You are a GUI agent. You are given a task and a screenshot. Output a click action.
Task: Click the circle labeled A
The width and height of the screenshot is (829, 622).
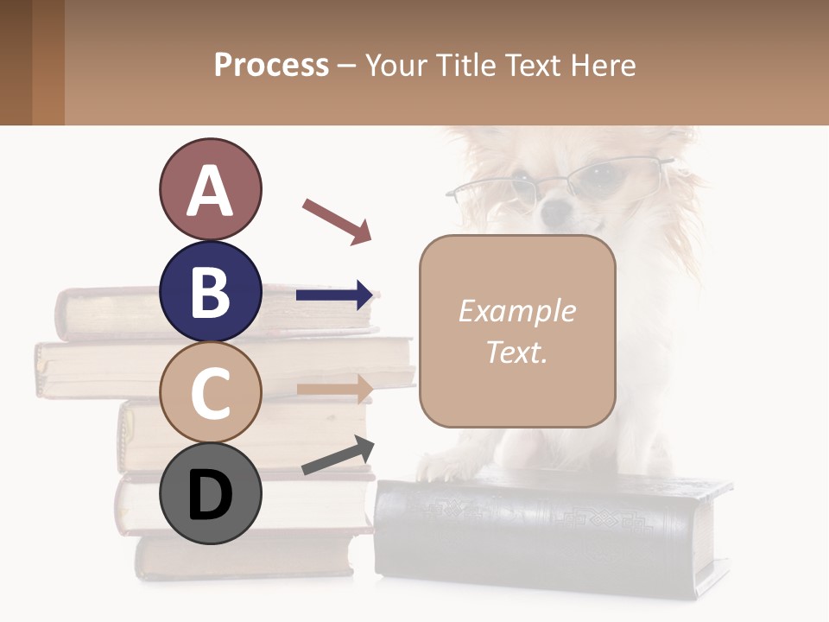tap(210, 189)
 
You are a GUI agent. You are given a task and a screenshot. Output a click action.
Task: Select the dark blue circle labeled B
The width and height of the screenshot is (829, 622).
tap(210, 291)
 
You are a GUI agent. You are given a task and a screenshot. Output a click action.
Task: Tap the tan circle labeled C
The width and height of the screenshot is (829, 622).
tap(210, 392)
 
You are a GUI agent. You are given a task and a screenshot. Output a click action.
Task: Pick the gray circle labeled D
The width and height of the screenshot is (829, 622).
tap(210, 493)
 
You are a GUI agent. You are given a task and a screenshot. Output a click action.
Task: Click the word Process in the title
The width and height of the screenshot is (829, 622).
tap(271, 65)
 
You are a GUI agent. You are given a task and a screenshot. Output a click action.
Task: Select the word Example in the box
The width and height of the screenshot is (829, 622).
tap(516, 311)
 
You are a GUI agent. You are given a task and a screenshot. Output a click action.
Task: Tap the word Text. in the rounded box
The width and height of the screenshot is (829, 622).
tap(516, 352)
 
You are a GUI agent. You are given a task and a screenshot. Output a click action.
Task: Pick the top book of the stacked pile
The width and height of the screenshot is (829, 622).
tap(130, 311)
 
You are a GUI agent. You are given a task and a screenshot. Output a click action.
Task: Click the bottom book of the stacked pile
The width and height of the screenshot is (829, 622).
tap(242, 557)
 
